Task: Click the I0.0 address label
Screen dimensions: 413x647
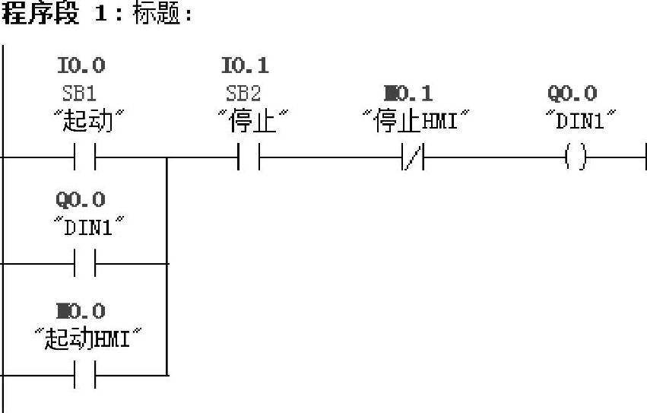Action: (x=81, y=65)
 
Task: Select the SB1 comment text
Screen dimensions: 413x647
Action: (x=79, y=94)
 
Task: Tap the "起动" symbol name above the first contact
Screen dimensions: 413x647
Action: (x=85, y=121)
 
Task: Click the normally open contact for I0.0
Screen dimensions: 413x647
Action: (x=85, y=158)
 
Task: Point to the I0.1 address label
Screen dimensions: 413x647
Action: (x=245, y=65)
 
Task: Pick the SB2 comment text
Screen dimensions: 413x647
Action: (x=243, y=94)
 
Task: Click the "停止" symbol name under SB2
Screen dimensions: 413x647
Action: (x=249, y=121)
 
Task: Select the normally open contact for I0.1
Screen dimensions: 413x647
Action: (x=249, y=158)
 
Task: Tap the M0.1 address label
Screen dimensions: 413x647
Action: (x=408, y=94)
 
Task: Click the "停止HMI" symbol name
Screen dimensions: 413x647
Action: (x=414, y=121)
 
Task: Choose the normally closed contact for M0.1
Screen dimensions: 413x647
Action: (x=413, y=158)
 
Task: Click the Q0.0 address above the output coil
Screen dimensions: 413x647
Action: (x=572, y=94)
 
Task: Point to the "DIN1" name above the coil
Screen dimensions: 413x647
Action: (x=579, y=121)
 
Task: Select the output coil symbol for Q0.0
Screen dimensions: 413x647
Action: (x=576, y=158)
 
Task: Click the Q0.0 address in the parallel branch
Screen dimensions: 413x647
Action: (x=80, y=200)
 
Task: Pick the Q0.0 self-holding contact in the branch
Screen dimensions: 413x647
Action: (x=85, y=264)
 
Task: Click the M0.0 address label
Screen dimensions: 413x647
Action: (x=80, y=311)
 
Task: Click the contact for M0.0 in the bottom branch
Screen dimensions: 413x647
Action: (x=85, y=375)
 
